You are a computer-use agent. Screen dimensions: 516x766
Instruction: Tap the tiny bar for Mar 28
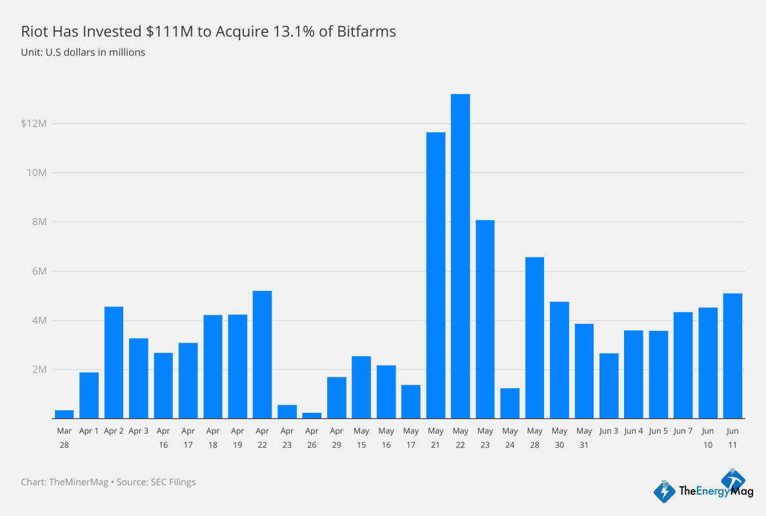pyautogui.click(x=64, y=414)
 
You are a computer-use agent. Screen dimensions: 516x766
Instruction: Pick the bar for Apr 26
pyautogui.click(x=312, y=415)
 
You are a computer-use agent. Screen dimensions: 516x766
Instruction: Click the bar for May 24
pyautogui.click(x=510, y=403)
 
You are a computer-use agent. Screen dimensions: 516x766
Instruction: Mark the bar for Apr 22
pyautogui.click(x=262, y=355)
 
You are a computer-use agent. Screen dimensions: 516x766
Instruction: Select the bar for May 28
pyautogui.click(x=534, y=338)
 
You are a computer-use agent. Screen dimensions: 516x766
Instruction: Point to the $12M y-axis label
pyautogui.click(x=34, y=123)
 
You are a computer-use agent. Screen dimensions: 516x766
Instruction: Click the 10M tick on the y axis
pyautogui.click(x=37, y=173)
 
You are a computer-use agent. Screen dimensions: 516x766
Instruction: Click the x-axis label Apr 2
pyautogui.click(x=114, y=431)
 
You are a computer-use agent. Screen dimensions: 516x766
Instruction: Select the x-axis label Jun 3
pyautogui.click(x=609, y=431)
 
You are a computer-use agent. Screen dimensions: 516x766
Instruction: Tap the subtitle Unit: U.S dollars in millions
pyautogui.click(x=83, y=52)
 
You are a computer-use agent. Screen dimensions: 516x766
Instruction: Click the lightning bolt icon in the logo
pyautogui.click(x=665, y=491)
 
